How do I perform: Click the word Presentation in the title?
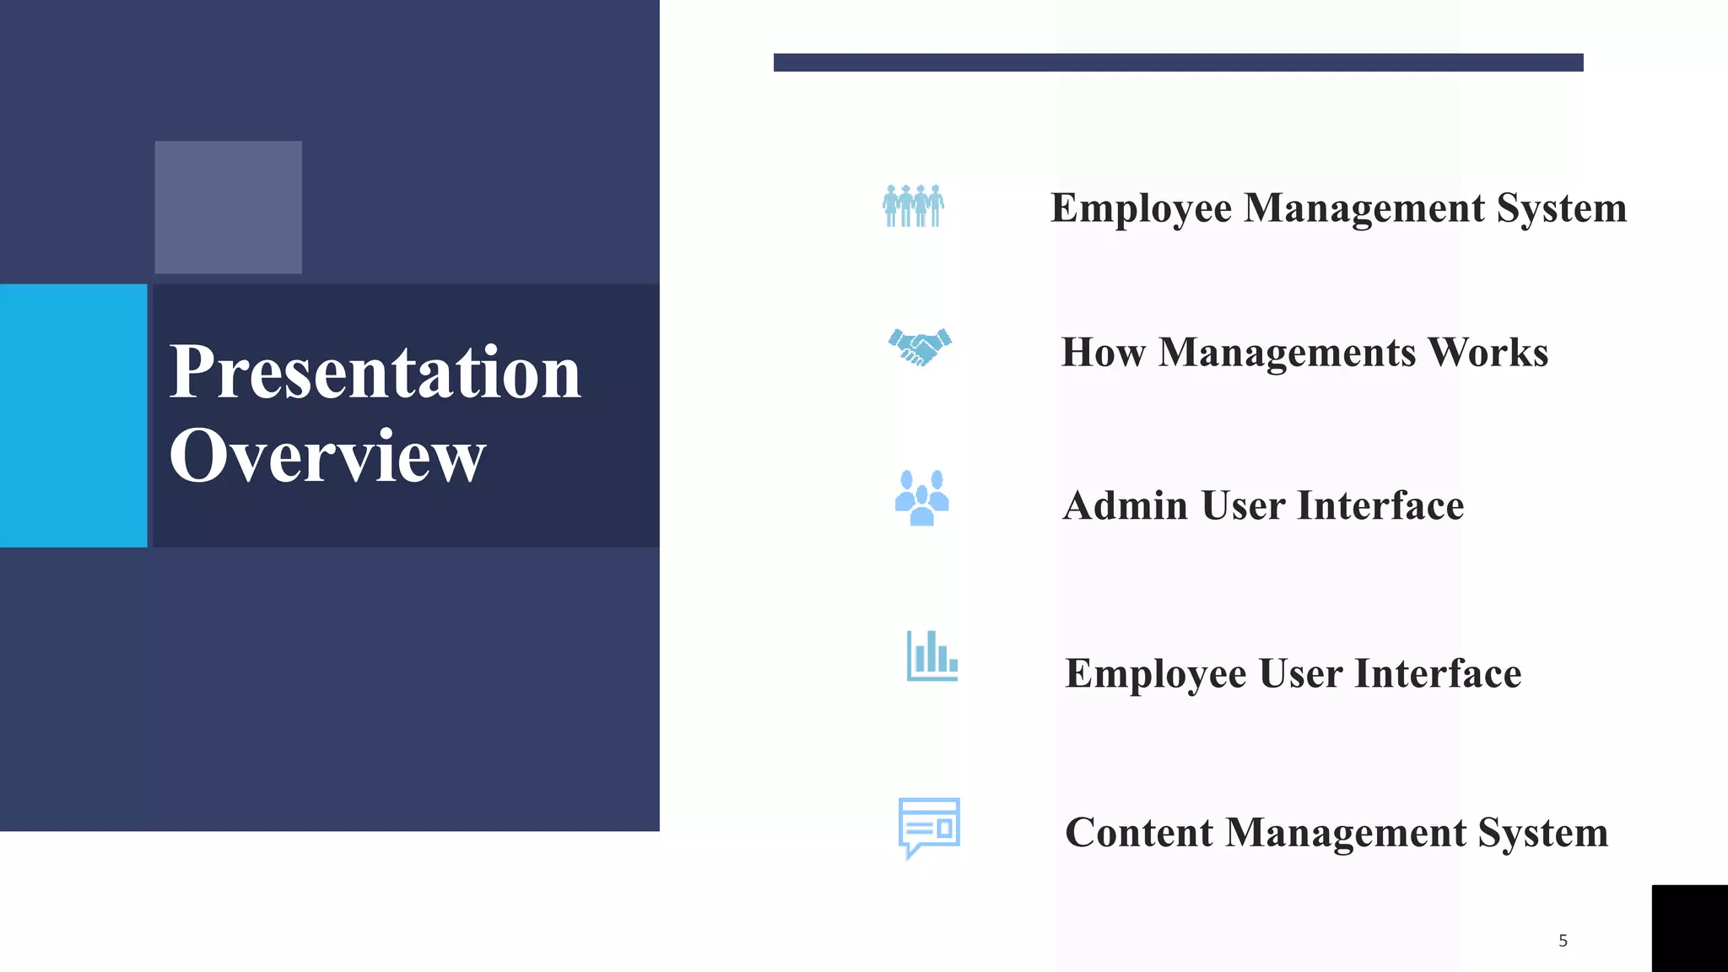tap(375, 372)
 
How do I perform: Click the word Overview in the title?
tap(327, 456)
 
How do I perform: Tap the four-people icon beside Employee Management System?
tap(913, 206)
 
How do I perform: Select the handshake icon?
tap(920, 347)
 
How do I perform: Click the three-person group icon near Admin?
tap(921, 498)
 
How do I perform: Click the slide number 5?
tap(1563, 941)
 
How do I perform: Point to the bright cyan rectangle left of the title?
tap(73, 415)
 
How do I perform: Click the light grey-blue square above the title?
tap(228, 207)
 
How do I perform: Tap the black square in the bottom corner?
tap(1689, 928)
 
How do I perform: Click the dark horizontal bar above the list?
tap(1178, 62)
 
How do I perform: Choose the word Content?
tap(1139, 833)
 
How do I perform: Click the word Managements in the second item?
tap(1287, 353)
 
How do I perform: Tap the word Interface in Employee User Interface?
tap(1438, 674)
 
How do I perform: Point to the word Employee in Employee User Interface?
tap(1155, 674)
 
